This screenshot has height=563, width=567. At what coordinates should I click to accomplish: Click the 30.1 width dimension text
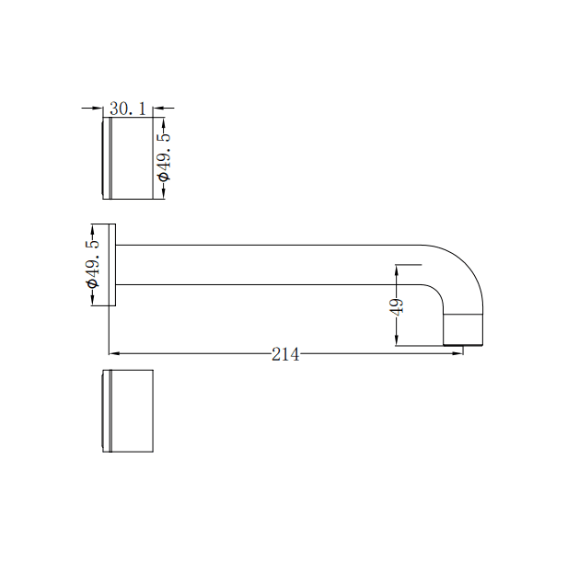(x=128, y=109)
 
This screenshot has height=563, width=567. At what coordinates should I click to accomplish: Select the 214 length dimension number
(x=285, y=354)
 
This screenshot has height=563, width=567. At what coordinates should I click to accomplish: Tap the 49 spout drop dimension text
(x=398, y=306)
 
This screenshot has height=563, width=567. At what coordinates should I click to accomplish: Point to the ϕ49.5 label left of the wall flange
(x=92, y=263)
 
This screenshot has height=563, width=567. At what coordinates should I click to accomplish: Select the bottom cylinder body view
(x=131, y=411)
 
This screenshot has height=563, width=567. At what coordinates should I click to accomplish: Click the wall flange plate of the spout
(x=111, y=264)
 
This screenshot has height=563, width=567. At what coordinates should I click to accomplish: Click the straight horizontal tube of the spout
(x=267, y=264)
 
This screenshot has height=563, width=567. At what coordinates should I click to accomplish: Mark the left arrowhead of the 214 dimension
(x=114, y=353)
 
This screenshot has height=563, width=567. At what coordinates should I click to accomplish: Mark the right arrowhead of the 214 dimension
(x=457, y=353)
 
